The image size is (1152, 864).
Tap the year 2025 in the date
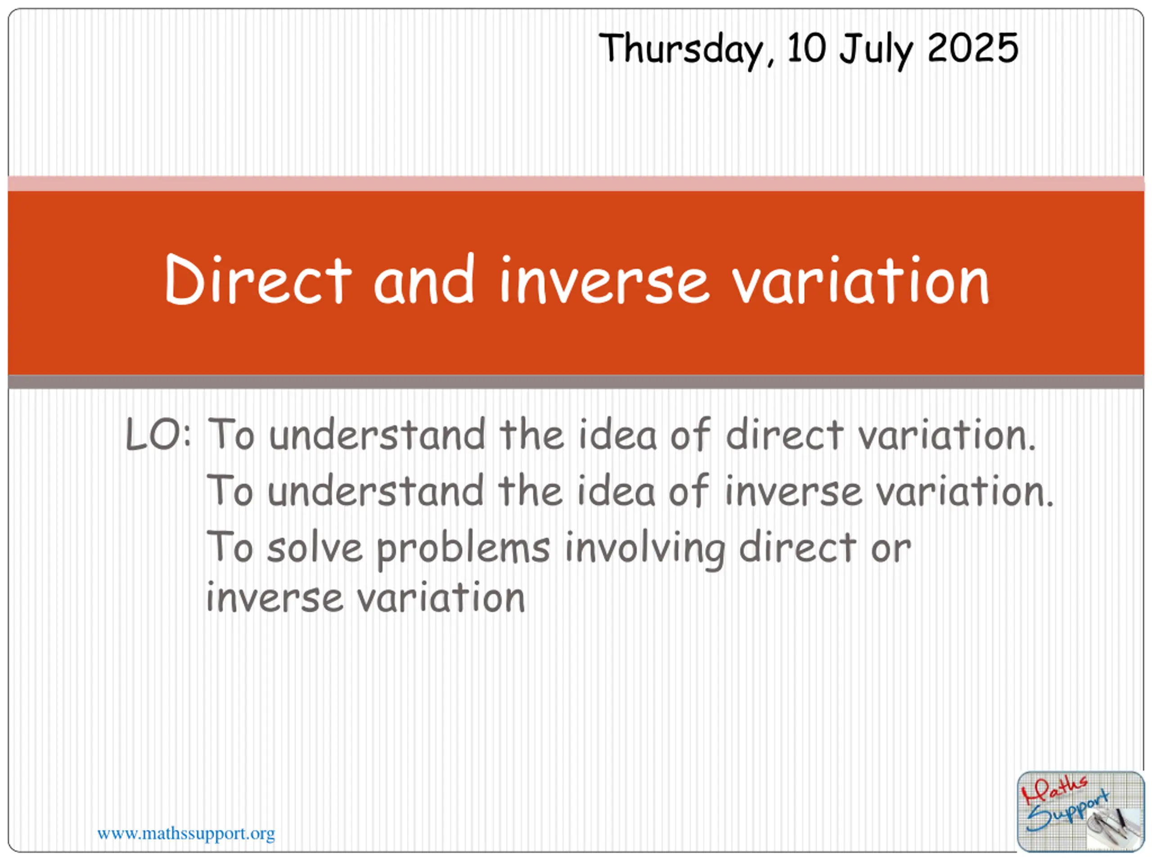click(972, 48)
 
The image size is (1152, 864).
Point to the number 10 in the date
click(807, 48)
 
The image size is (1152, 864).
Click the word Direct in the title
click(258, 279)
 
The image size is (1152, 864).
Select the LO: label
click(158, 434)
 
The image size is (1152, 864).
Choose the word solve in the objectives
click(315, 548)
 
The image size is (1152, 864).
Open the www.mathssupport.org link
click(186, 834)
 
